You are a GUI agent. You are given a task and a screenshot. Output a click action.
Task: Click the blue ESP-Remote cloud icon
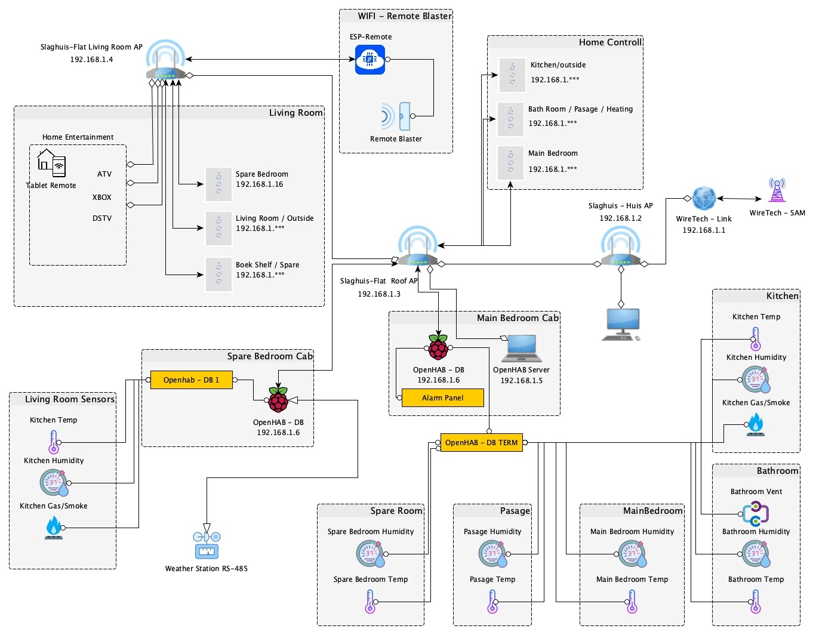click(x=369, y=60)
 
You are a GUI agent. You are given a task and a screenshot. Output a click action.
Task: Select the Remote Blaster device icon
click(x=396, y=116)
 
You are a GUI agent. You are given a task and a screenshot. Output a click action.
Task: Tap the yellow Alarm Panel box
click(x=442, y=398)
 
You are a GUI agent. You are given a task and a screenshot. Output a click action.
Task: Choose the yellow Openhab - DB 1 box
click(x=191, y=380)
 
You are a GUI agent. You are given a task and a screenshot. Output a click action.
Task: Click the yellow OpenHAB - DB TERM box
click(x=481, y=442)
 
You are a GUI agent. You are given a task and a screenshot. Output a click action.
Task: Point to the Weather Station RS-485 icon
click(x=207, y=544)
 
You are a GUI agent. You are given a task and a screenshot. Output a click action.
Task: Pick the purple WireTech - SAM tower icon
click(x=777, y=191)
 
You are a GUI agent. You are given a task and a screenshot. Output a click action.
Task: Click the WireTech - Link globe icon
click(x=704, y=198)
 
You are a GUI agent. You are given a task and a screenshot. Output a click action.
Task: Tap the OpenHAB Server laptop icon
click(x=521, y=349)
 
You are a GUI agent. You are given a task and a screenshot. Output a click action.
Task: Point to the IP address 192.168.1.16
click(x=260, y=184)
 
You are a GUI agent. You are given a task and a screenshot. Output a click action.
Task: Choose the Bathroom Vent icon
click(x=755, y=513)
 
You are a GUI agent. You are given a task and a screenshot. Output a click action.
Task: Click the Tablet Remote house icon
click(x=51, y=162)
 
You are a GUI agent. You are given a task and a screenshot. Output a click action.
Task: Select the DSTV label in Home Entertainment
click(x=102, y=218)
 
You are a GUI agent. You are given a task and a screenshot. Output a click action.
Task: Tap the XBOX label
click(x=102, y=198)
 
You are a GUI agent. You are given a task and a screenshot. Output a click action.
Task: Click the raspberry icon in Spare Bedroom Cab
click(x=278, y=400)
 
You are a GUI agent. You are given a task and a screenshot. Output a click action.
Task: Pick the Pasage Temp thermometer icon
click(x=492, y=601)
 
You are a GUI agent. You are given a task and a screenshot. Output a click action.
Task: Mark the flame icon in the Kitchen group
click(x=756, y=424)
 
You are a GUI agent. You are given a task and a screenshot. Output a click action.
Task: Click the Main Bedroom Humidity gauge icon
click(x=632, y=554)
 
